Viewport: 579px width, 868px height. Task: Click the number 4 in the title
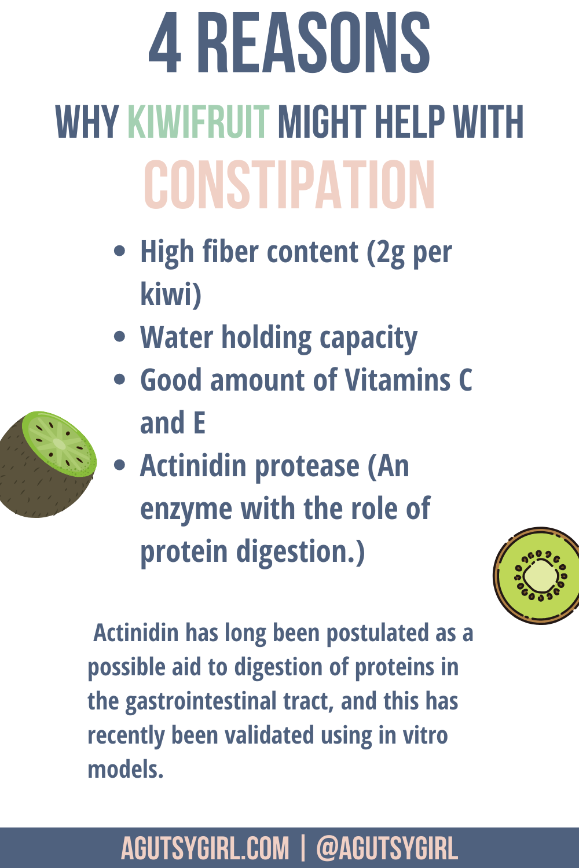coord(165,43)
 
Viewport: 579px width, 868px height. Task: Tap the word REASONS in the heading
coord(314,43)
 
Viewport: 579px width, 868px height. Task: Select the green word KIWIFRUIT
coord(198,122)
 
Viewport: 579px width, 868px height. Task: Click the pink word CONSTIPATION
coord(289,185)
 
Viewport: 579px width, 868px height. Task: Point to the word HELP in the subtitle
coord(409,122)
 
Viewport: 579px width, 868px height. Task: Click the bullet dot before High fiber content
coord(120,251)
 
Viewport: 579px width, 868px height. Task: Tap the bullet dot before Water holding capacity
coord(120,336)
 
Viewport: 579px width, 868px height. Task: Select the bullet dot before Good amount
coord(120,379)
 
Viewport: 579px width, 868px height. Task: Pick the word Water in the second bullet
coord(177,337)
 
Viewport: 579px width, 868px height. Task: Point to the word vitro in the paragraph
coord(426,735)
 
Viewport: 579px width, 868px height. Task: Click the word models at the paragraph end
coord(125,769)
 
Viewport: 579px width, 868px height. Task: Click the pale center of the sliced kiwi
coord(540,575)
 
